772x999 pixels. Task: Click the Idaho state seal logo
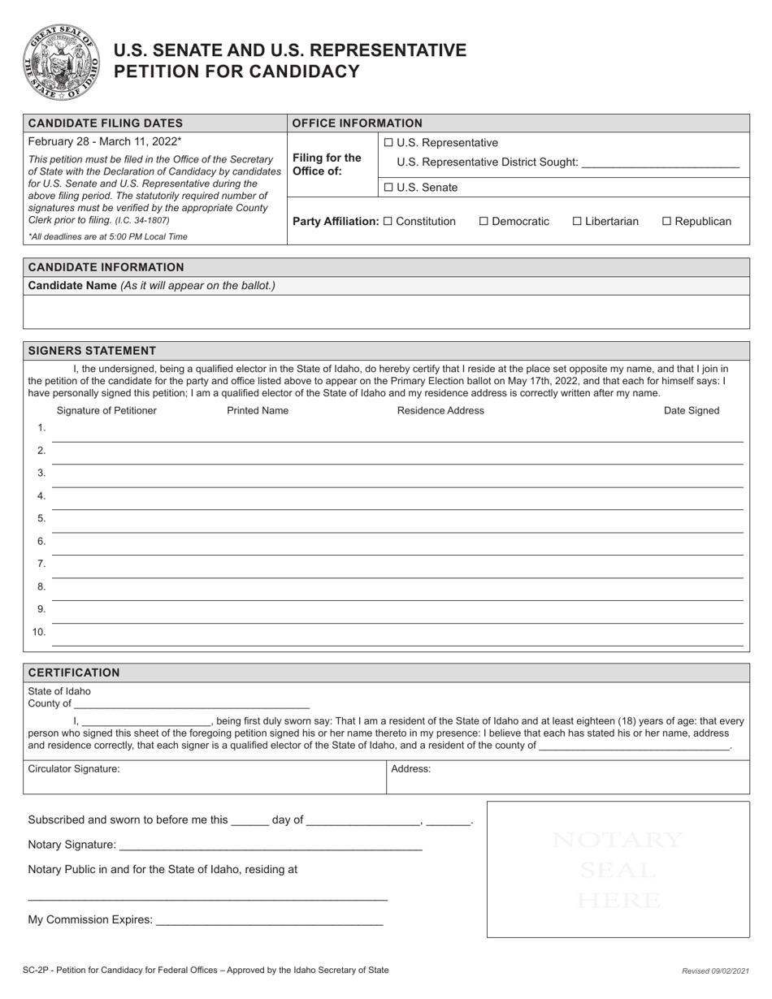(x=62, y=63)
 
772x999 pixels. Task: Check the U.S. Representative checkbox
(x=388, y=143)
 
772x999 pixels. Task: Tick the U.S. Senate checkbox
(x=388, y=188)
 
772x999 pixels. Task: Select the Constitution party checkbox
(x=388, y=221)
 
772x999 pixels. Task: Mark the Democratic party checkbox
(x=484, y=221)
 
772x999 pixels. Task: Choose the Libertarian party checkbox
(x=578, y=221)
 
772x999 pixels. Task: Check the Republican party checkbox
(x=667, y=221)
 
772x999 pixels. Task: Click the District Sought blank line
(x=661, y=163)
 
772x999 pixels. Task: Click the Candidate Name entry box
(x=386, y=312)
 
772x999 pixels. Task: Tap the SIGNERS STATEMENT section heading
(x=92, y=351)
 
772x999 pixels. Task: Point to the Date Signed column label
(x=692, y=411)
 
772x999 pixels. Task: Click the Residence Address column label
(x=440, y=411)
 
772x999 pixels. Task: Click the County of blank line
(x=192, y=704)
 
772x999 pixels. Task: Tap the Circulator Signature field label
(x=74, y=768)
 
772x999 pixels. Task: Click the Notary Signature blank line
(x=270, y=845)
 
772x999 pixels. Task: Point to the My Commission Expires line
(x=268, y=920)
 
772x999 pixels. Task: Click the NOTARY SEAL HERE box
(x=618, y=869)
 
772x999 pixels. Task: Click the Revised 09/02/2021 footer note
(x=714, y=971)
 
